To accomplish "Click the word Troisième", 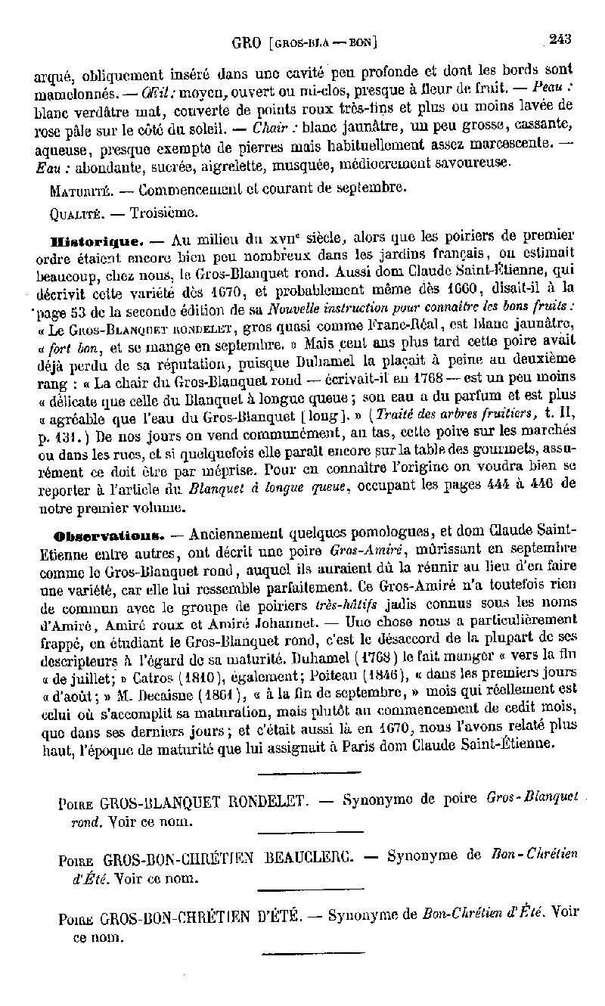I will [164, 213].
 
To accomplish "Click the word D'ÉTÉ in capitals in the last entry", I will [279, 917].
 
